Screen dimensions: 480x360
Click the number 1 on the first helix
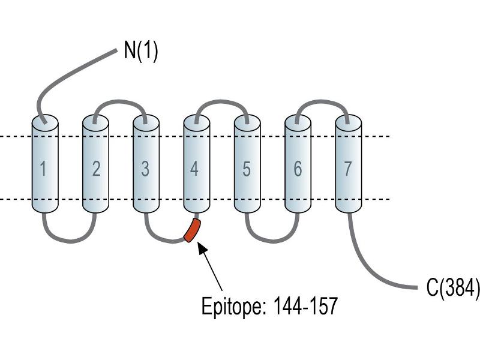(x=43, y=169)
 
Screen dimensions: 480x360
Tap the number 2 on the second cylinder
(x=96, y=169)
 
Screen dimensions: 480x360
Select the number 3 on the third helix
(x=145, y=169)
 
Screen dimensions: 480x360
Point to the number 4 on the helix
(x=194, y=169)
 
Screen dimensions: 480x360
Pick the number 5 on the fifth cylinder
(x=247, y=169)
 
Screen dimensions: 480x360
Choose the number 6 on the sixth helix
(x=298, y=169)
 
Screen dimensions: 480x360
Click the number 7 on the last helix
(x=347, y=169)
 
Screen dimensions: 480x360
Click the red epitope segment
(x=192, y=230)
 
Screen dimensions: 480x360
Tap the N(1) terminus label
(x=141, y=50)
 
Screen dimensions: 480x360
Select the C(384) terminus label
(x=453, y=287)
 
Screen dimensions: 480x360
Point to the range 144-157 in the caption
(x=305, y=305)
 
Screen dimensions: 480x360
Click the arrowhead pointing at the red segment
(x=202, y=247)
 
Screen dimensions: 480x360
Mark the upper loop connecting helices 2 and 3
(x=121, y=101)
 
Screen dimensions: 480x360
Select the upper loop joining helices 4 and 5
(x=221, y=101)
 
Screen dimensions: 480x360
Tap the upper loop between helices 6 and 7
(x=322, y=101)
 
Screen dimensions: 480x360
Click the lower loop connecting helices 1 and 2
(x=70, y=241)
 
